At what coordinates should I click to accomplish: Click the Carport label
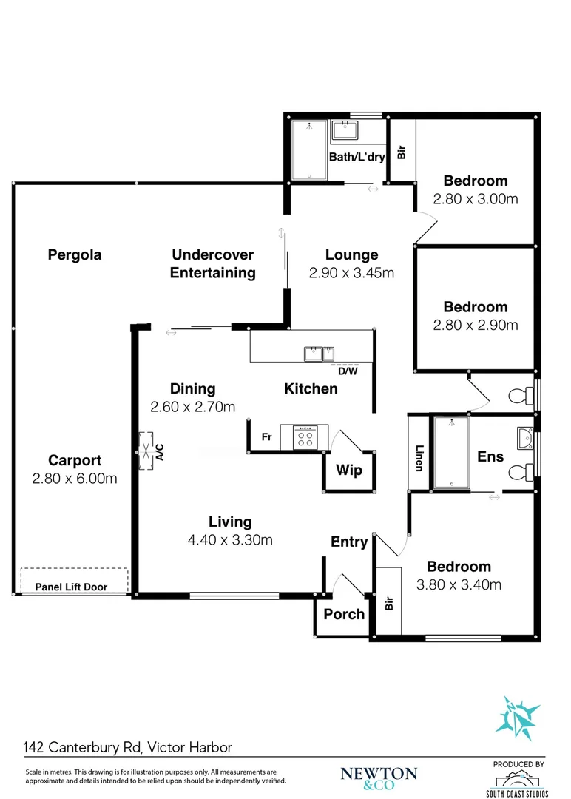(75, 460)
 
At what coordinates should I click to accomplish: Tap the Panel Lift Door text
(71, 587)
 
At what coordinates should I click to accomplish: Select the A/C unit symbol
(146, 451)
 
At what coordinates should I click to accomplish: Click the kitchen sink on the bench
(320, 354)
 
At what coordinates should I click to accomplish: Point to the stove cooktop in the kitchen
(305, 438)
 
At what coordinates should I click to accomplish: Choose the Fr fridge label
(267, 436)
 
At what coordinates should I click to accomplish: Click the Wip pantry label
(349, 470)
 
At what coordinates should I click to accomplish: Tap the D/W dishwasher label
(348, 371)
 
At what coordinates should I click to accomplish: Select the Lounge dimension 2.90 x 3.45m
(351, 273)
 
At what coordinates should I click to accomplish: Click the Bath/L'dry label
(357, 157)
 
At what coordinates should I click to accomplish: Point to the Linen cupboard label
(419, 458)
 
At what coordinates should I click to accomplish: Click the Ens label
(490, 456)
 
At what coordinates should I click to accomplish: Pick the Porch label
(345, 614)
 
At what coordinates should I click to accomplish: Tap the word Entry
(349, 542)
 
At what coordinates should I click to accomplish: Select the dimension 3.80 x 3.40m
(459, 585)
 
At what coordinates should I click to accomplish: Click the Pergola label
(75, 254)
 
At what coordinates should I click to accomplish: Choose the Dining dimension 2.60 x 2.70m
(192, 407)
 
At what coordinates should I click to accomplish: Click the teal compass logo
(517, 718)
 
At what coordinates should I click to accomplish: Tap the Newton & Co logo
(379, 778)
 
